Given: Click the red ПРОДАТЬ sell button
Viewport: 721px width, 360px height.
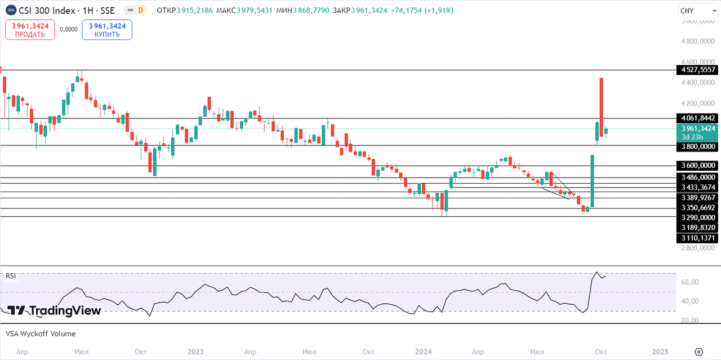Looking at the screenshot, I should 30,30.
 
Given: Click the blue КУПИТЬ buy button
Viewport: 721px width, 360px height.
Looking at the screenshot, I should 107,30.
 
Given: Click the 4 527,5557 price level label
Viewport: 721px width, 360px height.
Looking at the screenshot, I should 697,70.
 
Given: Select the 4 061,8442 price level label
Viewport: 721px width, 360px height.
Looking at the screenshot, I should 697,118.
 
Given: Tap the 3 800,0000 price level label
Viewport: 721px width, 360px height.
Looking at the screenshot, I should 697,146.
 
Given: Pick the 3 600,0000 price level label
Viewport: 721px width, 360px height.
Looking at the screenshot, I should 697,166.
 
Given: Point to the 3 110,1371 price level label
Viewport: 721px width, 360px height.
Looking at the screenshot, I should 697,238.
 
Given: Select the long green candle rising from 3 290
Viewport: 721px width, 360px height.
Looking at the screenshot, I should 593,180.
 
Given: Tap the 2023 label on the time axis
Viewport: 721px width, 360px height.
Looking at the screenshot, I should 195,352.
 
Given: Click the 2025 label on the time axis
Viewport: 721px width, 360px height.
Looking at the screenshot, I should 660,352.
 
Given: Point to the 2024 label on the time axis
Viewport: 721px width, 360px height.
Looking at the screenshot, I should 423,352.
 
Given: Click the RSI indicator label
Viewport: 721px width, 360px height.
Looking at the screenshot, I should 11,276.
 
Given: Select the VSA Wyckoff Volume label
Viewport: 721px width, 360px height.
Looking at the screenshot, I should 41,334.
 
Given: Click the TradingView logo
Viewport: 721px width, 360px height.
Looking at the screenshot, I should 54,310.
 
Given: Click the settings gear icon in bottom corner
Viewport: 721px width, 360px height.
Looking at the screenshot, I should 698,352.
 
